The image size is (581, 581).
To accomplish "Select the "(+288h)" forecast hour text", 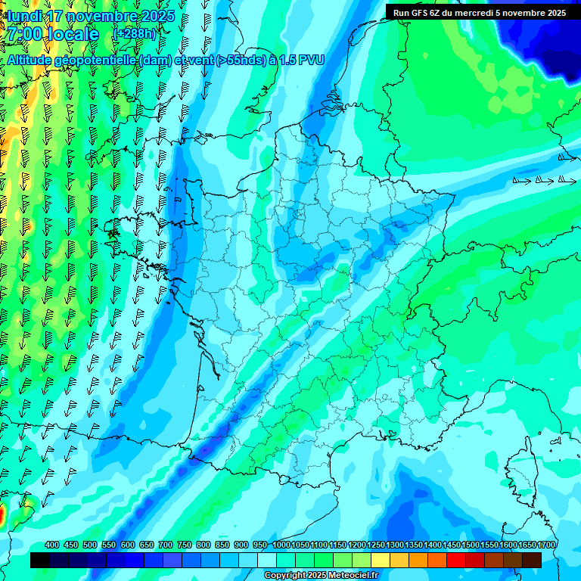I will pyautogui.click(x=135, y=34).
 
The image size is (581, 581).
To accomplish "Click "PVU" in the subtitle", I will pyautogui.click(x=312, y=60).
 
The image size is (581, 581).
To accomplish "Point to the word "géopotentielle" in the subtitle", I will pyautogui.click(x=92, y=60).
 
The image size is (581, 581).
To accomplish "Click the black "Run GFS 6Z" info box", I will pyautogui.click(x=480, y=12).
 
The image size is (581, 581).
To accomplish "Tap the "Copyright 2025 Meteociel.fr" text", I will pyautogui.click(x=321, y=576).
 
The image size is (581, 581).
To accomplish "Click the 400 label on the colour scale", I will pyautogui.click(x=52, y=545).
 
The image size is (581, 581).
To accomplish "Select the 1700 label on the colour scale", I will pyautogui.click(x=527, y=545).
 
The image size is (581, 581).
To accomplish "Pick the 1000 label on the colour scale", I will pyautogui.click(x=281, y=545).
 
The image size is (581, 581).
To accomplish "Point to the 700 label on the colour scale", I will pyautogui.click(x=166, y=545).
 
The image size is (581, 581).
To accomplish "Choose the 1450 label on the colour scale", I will pyautogui.click(x=452, y=545).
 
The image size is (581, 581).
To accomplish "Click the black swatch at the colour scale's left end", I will pyautogui.click(x=40, y=560).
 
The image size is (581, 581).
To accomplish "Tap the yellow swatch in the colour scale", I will pyautogui.click(x=381, y=560).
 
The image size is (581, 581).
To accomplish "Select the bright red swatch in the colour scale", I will pyautogui.click(x=456, y=560).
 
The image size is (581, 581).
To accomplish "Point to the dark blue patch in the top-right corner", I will pyautogui.click(x=552, y=45).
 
